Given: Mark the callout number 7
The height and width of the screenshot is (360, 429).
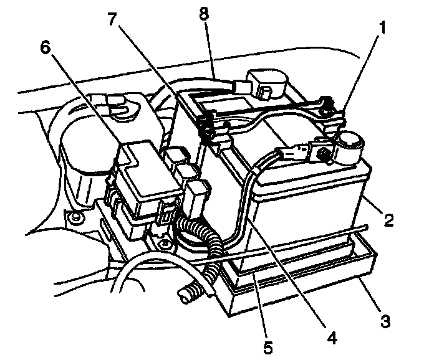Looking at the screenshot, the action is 112,18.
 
